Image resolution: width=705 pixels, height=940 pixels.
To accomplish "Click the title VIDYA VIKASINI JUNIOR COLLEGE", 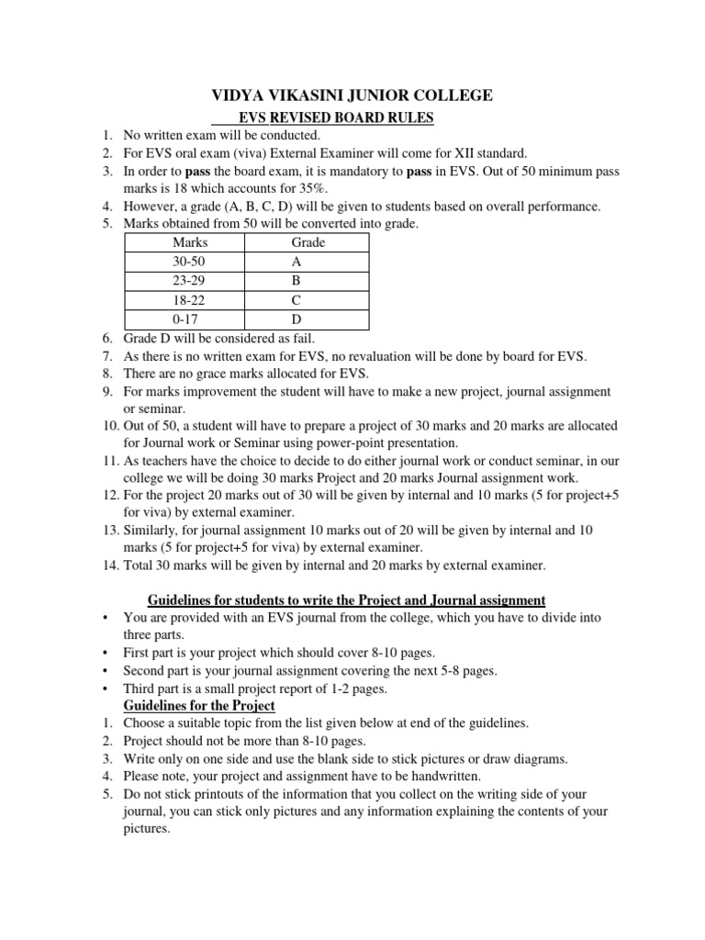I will (x=352, y=95).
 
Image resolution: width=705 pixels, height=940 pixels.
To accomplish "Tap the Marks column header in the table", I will (x=190, y=243).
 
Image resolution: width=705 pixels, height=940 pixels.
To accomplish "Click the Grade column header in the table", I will (x=308, y=243).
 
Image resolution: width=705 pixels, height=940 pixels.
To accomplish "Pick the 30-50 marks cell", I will (x=190, y=263).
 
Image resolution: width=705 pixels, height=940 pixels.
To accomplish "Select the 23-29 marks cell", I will (x=190, y=282).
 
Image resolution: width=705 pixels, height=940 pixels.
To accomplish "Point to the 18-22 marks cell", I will (x=190, y=301).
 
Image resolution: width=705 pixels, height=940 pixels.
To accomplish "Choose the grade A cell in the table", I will (x=296, y=263).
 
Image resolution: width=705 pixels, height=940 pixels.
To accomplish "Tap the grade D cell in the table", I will (x=296, y=320).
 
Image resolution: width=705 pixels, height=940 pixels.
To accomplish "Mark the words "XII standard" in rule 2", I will (x=491, y=153).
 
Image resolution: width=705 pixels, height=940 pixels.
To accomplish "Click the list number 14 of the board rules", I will (x=109, y=565).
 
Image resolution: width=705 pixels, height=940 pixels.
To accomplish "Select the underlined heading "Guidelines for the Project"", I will (x=199, y=706).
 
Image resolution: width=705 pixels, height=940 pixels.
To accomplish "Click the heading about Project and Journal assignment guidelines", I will (x=334, y=600).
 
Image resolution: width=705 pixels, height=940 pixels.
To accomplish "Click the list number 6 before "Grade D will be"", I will (x=107, y=338).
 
